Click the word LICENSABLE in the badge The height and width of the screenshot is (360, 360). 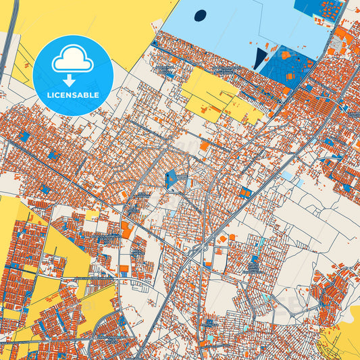[72, 95]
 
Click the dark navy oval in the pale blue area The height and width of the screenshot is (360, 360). [200, 15]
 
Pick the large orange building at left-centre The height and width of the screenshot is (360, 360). [126, 230]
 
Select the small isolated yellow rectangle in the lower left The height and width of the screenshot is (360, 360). [92, 215]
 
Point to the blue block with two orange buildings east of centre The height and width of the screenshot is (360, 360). [245, 192]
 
